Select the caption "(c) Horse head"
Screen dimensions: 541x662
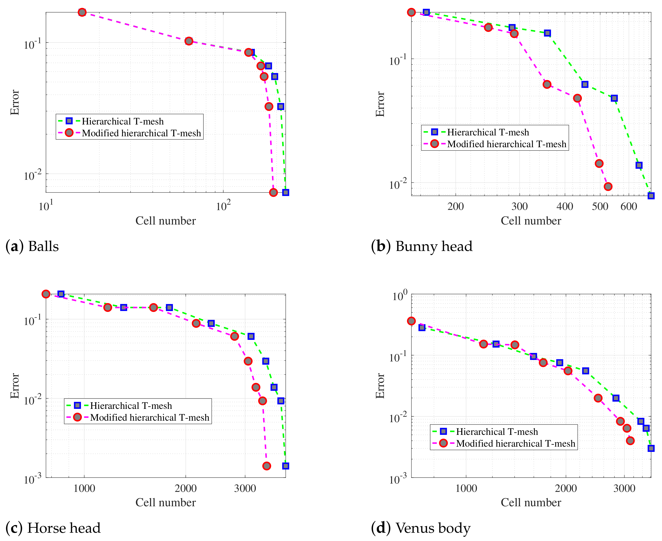(53, 528)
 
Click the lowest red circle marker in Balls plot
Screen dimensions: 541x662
(273, 192)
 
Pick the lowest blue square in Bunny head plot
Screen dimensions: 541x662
(651, 196)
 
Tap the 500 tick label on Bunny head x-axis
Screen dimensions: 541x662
(600, 206)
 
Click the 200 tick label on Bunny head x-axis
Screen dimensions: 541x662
(456, 206)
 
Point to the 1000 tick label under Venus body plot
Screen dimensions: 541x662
(466, 488)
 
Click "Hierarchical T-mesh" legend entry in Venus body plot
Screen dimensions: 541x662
(497, 432)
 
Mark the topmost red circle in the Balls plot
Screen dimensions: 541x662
(82, 12)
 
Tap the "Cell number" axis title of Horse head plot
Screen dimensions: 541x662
(165, 502)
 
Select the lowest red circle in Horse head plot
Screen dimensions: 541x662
(267, 466)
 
